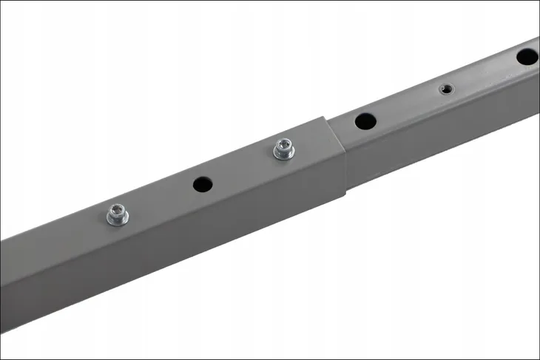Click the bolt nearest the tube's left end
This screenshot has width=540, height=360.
click(x=117, y=215)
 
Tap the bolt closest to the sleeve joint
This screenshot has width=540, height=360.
click(x=283, y=149)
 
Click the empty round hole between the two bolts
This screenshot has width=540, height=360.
click(x=203, y=184)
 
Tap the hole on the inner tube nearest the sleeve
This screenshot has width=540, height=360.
click(x=365, y=121)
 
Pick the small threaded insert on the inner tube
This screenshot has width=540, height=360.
click(x=445, y=89)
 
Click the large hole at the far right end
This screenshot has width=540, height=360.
click(x=527, y=57)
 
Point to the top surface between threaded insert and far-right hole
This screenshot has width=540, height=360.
click(x=485, y=74)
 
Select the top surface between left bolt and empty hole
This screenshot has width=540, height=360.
click(x=159, y=200)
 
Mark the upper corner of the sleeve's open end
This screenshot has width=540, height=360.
click(x=323, y=118)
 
